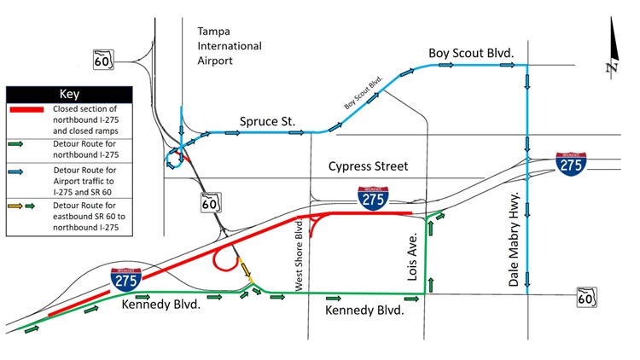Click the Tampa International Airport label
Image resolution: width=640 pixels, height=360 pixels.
[229, 45]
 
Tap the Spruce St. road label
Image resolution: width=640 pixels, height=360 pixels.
[267, 122]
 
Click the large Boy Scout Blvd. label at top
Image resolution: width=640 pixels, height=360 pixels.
[471, 54]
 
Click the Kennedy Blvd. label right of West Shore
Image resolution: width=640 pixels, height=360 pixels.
[364, 312]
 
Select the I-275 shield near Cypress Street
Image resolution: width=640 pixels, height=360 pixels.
[371, 198]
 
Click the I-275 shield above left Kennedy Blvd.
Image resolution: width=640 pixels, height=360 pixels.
[125, 280]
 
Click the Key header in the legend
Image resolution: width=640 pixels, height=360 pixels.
[68, 94]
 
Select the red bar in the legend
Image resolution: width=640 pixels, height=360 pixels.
[29, 110]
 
